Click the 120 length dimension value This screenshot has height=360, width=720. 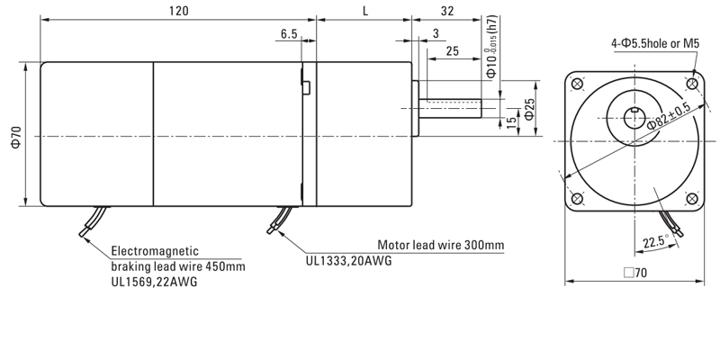point(175,12)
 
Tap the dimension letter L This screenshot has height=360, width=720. point(364,12)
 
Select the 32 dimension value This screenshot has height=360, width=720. point(447,12)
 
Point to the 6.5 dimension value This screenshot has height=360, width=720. point(289,33)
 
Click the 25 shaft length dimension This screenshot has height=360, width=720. point(453,51)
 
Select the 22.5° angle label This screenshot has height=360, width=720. point(656,241)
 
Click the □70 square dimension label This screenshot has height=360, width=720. point(635,274)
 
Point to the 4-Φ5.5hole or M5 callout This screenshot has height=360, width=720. point(654,43)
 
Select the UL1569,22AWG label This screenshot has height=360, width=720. point(154,281)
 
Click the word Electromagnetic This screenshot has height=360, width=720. point(154,251)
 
